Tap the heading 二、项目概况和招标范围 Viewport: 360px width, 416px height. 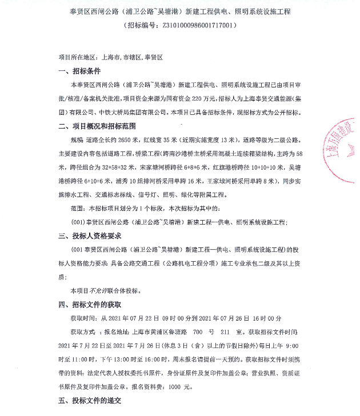(x=102, y=126)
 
